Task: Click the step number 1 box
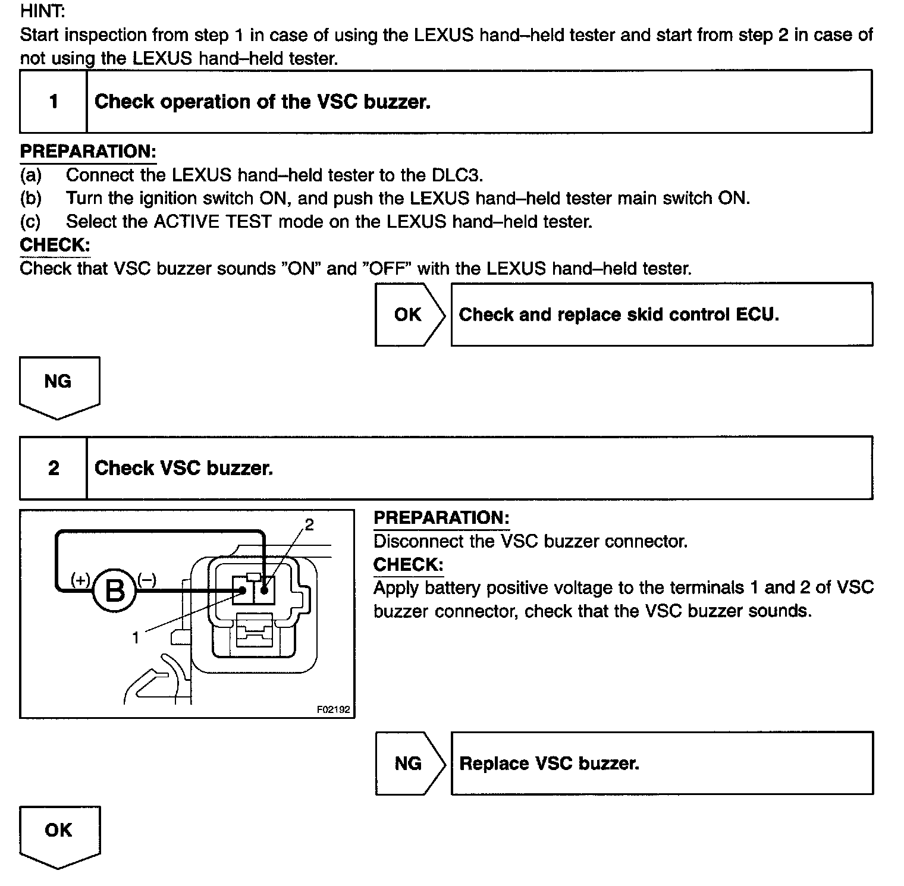coord(54,102)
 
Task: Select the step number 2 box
coord(54,468)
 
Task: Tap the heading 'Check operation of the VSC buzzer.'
coord(262,102)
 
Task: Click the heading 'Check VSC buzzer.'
coord(184,468)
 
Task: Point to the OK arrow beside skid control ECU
coord(409,315)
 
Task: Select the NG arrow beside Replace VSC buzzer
coord(409,764)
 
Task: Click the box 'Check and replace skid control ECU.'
coord(661,315)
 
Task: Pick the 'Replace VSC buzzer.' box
coord(661,764)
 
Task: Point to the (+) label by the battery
coord(80,579)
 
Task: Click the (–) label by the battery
coord(146,579)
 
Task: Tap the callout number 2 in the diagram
coord(309,524)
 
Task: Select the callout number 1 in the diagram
coord(136,638)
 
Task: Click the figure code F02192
coord(333,709)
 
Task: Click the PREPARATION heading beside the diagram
coord(441,517)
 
